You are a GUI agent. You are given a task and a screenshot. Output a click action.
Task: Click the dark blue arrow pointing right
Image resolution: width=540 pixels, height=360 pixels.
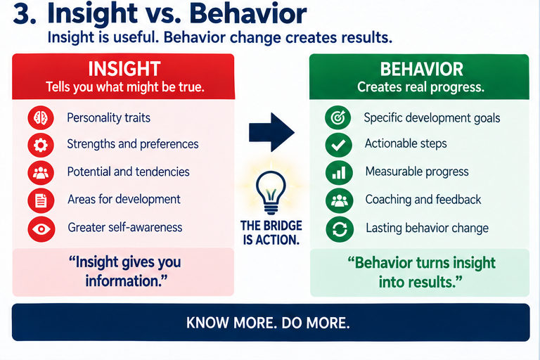click(271, 132)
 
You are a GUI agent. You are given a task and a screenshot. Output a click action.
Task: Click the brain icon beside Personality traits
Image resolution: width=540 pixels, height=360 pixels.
click(41, 118)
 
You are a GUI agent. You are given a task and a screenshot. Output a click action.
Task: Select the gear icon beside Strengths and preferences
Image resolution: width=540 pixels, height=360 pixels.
click(41, 145)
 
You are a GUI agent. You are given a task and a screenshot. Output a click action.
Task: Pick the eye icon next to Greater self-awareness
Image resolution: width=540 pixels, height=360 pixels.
click(41, 229)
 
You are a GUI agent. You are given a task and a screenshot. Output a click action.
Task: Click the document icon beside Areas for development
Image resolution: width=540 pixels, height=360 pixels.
click(41, 200)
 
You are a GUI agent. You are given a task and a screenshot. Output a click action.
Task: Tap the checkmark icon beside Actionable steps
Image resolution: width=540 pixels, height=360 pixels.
click(338, 145)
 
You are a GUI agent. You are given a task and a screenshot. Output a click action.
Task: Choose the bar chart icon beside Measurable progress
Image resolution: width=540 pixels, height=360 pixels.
click(339, 172)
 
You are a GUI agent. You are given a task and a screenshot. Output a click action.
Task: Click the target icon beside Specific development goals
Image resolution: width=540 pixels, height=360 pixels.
click(337, 117)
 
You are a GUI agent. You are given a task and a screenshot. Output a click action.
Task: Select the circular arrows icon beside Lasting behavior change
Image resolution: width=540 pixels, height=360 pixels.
click(340, 229)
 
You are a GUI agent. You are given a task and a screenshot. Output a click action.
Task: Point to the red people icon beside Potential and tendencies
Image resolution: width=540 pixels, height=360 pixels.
click(41, 172)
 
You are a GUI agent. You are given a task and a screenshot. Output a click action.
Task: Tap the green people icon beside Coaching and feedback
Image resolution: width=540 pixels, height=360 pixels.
click(339, 200)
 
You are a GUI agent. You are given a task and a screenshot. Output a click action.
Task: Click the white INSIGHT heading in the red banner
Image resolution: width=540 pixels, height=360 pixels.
click(124, 69)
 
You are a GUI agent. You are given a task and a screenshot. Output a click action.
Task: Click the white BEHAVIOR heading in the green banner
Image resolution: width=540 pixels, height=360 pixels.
click(422, 69)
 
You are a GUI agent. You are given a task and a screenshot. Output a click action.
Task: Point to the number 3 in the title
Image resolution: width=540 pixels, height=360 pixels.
click(24, 15)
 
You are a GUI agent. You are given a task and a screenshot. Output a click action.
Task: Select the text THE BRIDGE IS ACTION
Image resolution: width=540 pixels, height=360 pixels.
click(271, 233)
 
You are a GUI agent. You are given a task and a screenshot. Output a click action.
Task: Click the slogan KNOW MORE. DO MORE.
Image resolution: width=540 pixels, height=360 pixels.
click(268, 323)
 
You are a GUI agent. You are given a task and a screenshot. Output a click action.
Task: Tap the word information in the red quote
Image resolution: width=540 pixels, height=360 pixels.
click(126, 281)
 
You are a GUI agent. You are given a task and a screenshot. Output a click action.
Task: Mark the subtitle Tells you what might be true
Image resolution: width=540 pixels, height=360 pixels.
click(125, 87)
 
